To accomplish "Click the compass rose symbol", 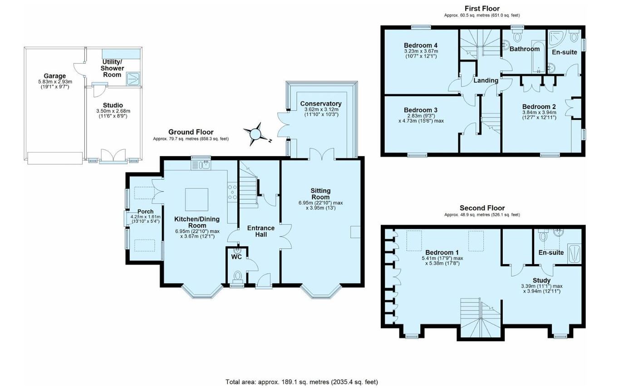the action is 255,134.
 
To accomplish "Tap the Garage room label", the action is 55,76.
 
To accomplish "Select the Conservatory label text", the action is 321,103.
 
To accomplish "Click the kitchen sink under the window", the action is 205,165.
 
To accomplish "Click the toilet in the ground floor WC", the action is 237,276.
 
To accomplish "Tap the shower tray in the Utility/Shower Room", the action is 133,79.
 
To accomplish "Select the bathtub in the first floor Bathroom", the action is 539,57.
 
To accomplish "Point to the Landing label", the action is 486,80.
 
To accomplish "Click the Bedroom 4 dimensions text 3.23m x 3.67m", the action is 421,51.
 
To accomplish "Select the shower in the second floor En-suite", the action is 574,254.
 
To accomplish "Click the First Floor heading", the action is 482,9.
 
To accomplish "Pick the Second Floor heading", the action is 482,208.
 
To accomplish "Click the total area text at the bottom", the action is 302,382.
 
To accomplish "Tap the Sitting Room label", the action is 320,194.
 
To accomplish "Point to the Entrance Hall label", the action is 261,231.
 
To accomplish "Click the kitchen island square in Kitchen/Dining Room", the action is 197,200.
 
